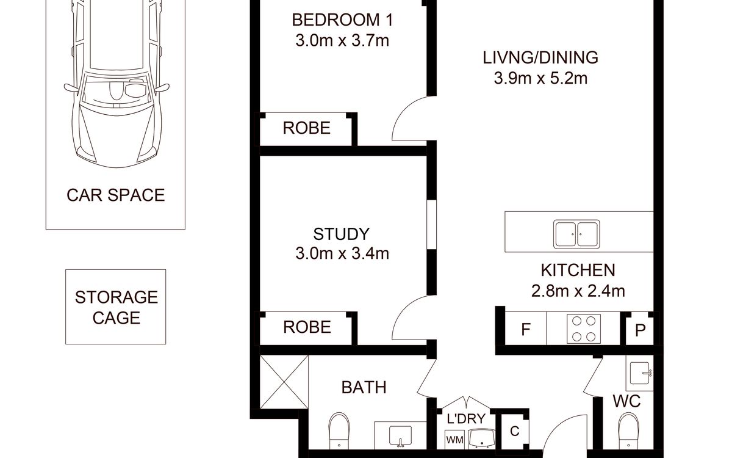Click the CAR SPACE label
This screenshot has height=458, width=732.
coord(116,195)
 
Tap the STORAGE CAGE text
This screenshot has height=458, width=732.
coord(117,308)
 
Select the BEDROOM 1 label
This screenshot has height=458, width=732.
coord(342,20)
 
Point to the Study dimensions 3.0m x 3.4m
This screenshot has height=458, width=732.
coord(342,253)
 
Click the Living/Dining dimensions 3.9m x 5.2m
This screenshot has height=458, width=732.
coord(540,78)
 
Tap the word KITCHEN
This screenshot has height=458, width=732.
coord(578,270)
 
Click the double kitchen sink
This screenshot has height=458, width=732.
coord(576,234)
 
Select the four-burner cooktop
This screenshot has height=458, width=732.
coord(584,329)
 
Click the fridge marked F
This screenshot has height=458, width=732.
coord(525,329)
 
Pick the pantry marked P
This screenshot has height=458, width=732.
coord(640,330)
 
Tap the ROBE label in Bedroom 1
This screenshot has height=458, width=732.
coord(306,128)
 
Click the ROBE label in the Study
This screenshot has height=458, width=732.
coord(307,327)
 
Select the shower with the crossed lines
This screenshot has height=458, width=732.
coord(284,382)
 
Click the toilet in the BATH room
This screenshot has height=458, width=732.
coord(339,431)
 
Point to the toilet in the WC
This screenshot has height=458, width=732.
coord(628,431)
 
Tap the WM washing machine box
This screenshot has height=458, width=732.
coord(454,440)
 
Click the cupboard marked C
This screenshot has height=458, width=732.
coord(515,432)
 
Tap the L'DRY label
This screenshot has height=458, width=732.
coord(466,419)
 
